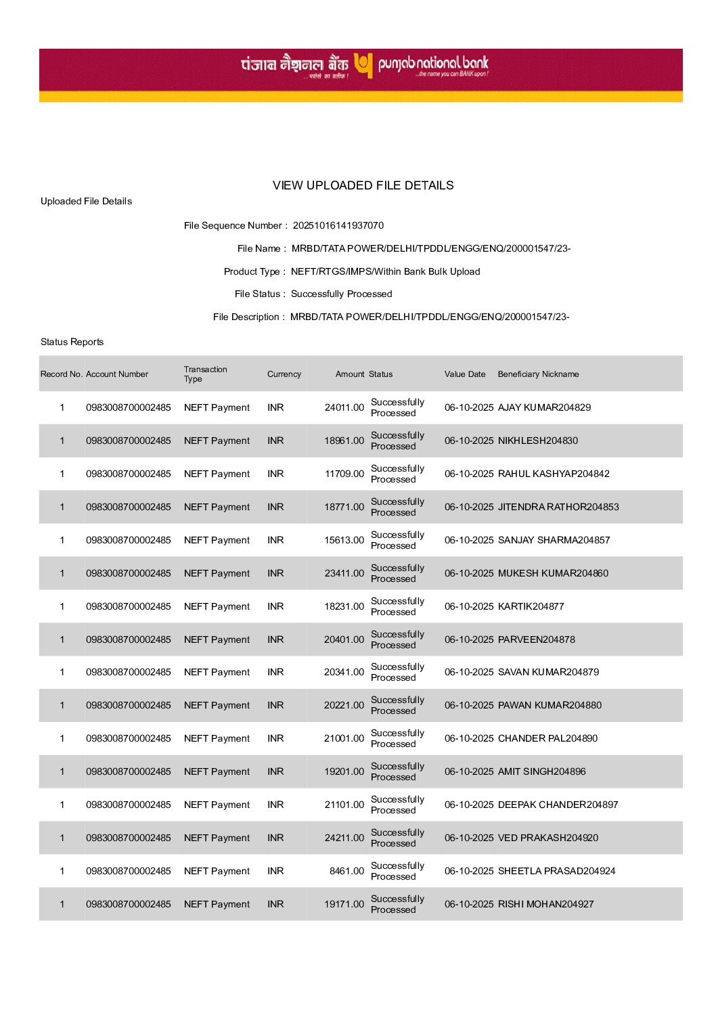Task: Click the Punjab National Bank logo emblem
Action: pos(363,66)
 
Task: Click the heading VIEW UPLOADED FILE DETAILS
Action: pos(363,185)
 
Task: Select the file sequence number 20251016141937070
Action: pos(338,225)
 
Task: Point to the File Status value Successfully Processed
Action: pos(341,294)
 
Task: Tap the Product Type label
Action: pos(252,271)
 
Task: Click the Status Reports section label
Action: pos(72,342)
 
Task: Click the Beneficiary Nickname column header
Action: pos(538,374)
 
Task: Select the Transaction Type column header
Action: pos(205,374)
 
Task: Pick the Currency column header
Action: pos(284,374)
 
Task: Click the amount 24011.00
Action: pos(344,407)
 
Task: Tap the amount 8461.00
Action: pos(346,871)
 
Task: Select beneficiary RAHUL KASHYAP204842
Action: pos(553,474)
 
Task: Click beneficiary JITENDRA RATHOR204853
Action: pos(558,507)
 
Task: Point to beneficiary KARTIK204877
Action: pos(531,606)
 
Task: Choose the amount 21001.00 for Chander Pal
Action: pos(344,738)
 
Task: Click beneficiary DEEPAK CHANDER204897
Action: pos(558,805)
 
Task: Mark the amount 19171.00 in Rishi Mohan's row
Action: pos(344,904)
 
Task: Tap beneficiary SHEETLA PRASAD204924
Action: pos(556,871)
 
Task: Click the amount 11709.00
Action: pos(344,474)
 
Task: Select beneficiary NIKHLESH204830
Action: pos(537,441)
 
